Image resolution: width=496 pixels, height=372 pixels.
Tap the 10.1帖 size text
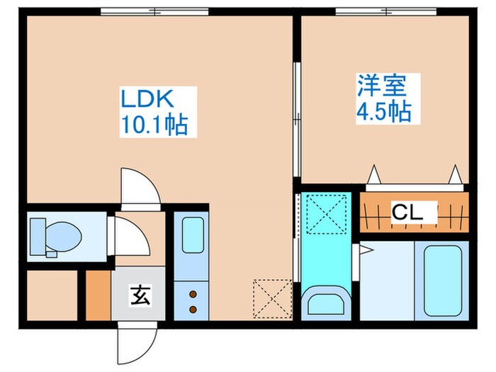click(154, 125)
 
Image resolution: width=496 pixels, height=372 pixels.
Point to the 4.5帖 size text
click(383, 111)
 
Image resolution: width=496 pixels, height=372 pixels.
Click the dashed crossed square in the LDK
click(272, 298)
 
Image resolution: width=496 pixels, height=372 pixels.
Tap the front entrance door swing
click(136, 344)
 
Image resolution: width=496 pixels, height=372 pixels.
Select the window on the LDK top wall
click(154, 11)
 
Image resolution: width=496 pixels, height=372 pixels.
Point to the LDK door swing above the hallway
click(137, 187)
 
